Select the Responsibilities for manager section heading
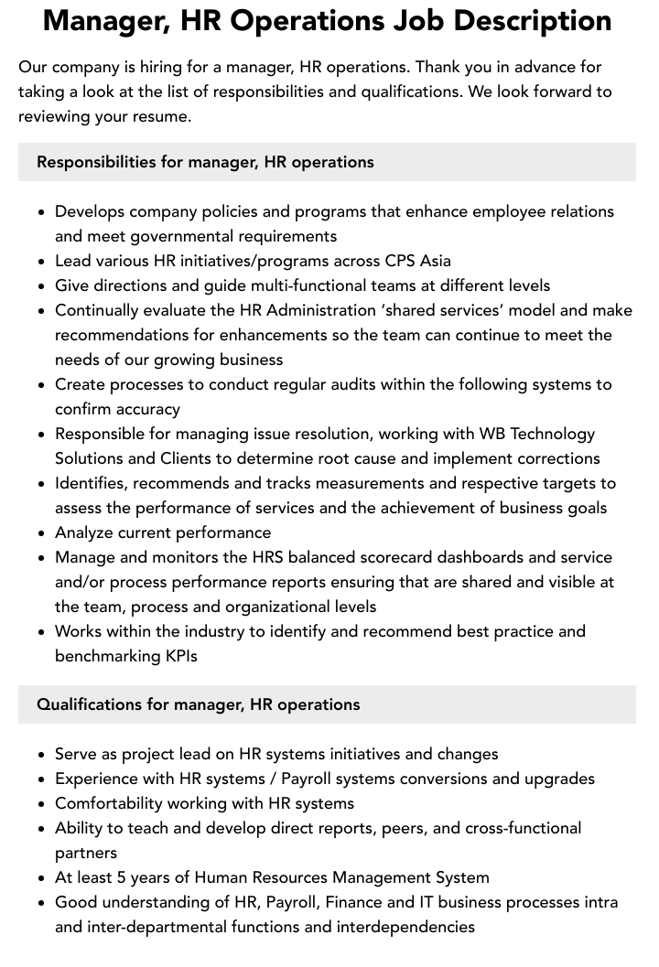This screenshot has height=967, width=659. (x=205, y=162)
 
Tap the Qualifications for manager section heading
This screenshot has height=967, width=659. (x=198, y=704)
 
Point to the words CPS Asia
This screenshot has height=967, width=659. (x=418, y=261)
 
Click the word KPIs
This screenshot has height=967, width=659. (x=178, y=656)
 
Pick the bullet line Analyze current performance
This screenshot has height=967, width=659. (x=163, y=532)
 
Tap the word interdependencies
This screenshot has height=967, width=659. (x=405, y=927)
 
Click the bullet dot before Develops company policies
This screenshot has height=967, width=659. (x=41, y=212)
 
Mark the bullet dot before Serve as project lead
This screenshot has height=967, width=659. (x=41, y=755)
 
